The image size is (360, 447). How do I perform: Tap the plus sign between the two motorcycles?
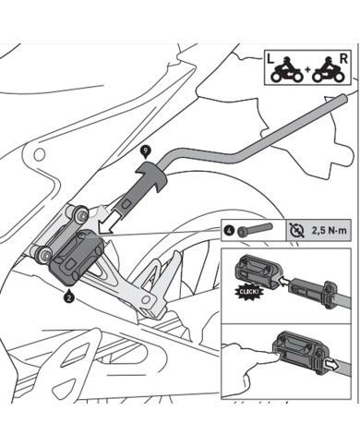tap(306, 72)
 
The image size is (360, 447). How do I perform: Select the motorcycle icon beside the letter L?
tap(285, 71)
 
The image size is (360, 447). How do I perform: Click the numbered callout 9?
tap(144, 150)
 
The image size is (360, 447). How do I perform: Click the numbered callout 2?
tap(69, 297)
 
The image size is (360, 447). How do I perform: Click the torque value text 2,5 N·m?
tap(323, 227)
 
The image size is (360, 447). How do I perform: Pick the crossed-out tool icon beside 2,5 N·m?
tap(295, 227)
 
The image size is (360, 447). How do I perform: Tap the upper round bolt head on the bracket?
tap(81, 215)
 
